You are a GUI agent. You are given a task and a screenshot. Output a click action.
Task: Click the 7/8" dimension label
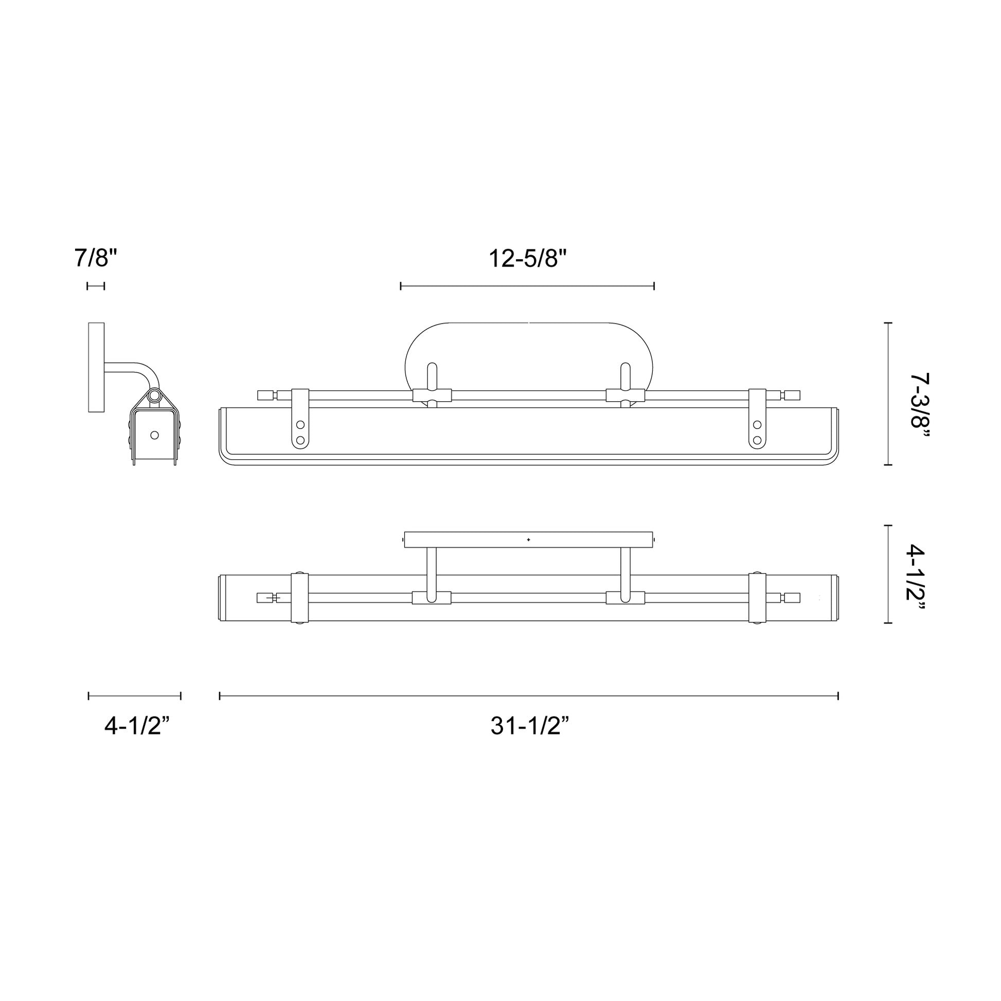[96, 258]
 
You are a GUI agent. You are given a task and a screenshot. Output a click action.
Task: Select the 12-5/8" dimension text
[527, 258]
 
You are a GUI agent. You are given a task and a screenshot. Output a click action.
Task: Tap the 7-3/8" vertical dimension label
[920, 407]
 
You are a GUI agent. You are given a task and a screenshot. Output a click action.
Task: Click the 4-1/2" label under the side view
[137, 726]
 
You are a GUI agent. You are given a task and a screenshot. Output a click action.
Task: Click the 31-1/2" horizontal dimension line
[528, 696]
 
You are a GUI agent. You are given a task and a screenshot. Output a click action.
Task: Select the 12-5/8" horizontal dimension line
[527, 285]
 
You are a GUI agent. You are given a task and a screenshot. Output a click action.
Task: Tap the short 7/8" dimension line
[96, 285]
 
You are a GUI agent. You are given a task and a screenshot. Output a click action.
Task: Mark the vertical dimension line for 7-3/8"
[889, 394]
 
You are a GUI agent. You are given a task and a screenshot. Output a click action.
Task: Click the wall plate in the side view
[96, 367]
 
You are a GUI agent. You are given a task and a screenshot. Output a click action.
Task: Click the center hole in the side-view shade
[154, 435]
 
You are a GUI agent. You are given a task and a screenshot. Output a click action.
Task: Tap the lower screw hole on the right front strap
[757, 440]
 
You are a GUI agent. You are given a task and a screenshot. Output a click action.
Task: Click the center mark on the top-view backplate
[528, 540]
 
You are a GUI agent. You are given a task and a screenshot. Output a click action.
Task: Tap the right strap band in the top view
[757, 598]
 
